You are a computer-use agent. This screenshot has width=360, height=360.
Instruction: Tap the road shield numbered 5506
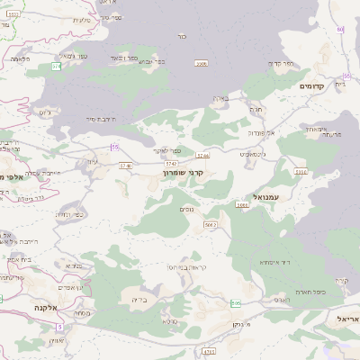point(202,64)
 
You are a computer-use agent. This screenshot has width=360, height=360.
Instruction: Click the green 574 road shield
point(56,67)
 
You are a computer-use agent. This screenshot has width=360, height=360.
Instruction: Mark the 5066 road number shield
point(211,223)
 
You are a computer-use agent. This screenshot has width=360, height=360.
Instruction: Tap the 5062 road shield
point(241,205)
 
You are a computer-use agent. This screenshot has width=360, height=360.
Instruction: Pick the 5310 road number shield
point(300,171)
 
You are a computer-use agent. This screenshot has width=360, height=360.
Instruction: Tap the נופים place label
point(186,209)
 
